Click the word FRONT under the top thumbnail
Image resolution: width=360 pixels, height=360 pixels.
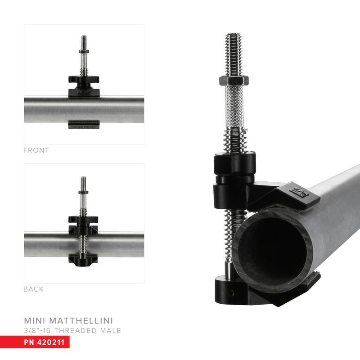click(36, 150)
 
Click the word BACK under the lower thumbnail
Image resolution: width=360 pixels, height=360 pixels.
click(33, 289)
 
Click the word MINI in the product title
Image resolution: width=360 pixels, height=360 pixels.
click(35, 321)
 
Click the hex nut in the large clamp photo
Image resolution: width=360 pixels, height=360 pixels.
click(234, 81)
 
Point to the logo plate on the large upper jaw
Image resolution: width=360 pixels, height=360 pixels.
click(299, 192)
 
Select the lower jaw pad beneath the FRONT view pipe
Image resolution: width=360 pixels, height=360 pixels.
click(84, 125)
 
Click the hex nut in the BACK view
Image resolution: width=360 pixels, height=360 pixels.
click(84, 192)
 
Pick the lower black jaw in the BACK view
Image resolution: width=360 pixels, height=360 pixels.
click(84, 260)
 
